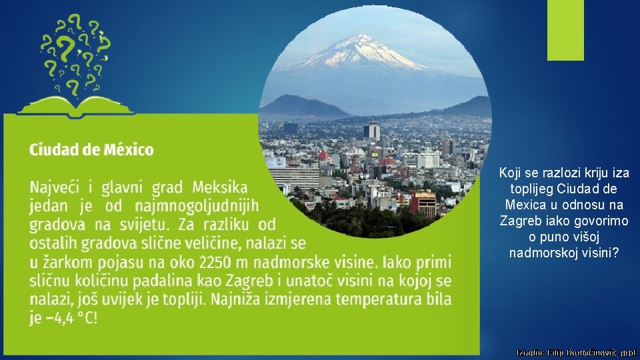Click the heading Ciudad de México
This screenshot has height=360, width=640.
[91, 149]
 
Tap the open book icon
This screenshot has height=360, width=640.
[74, 105]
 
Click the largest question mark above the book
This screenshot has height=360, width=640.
[65, 47]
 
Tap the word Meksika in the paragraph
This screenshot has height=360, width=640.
[220, 188]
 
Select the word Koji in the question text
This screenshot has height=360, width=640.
[511, 173]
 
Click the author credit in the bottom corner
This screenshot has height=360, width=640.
[577, 351]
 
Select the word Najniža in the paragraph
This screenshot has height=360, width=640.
[307, 299]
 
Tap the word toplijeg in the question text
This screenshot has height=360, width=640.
[533, 189]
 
